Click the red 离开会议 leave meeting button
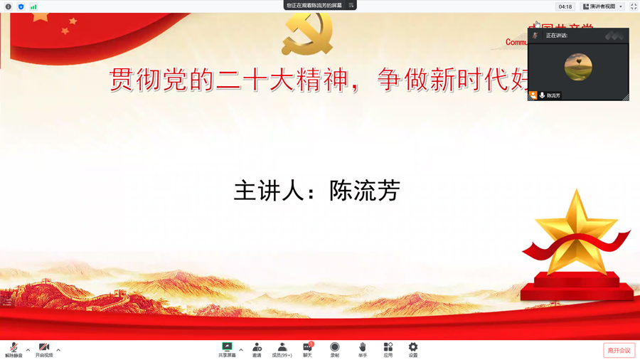619,350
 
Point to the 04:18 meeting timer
565,6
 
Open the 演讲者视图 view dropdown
603,6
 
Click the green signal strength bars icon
33,6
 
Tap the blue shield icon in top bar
21,6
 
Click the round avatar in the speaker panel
578,67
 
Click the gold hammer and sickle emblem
307,33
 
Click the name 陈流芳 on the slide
365,191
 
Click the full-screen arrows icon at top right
634,6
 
